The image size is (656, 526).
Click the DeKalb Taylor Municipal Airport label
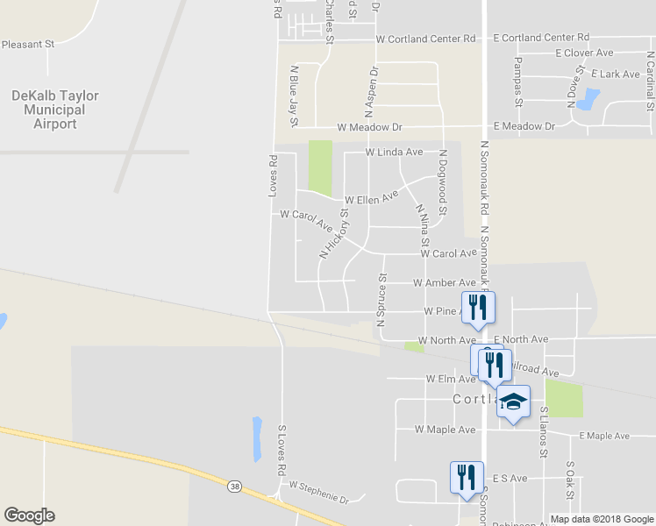[x=54, y=110]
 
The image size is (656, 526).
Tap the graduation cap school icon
[x=514, y=402]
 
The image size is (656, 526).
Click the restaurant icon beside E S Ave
[x=466, y=477]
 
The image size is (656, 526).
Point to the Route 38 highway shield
[x=233, y=485]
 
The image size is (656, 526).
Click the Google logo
[x=29, y=515]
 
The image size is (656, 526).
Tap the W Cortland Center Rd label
[x=425, y=39]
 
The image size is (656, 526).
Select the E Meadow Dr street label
[x=524, y=126]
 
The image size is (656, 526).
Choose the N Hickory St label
[x=335, y=232]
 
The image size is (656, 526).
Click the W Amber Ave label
[x=445, y=283]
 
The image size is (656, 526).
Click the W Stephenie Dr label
[x=319, y=493]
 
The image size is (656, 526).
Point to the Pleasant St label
[x=28, y=44]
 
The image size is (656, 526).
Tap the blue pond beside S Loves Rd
[x=257, y=438]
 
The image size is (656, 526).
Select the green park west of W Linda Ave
[x=320, y=167]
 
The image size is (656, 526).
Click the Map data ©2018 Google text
[x=601, y=519]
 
